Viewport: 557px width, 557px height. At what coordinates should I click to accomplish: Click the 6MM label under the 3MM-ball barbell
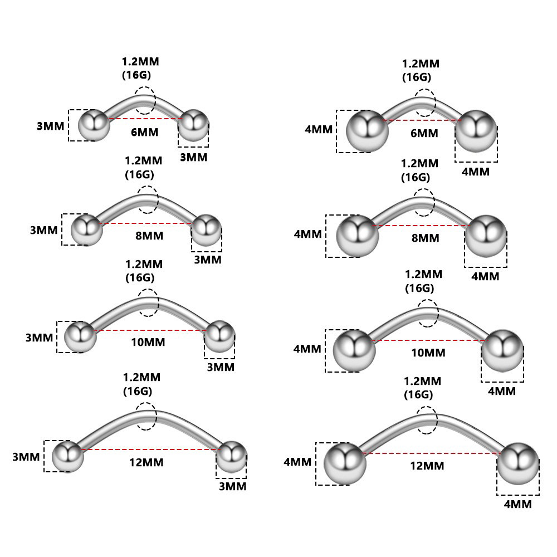(x=144, y=132)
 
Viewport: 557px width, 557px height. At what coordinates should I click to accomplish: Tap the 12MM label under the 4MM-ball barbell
(x=427, y=466)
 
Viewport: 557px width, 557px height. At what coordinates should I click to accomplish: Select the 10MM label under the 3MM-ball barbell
(x=148, y=342)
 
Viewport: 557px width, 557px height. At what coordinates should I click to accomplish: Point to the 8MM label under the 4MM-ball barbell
(x=425, y=238)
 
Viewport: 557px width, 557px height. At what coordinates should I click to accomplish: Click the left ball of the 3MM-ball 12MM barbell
(x=67, y=456)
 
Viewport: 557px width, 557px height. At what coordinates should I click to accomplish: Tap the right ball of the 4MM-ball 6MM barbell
(x=476, y=132)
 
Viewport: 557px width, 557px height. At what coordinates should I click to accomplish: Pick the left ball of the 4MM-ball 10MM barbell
(x=354, y=350)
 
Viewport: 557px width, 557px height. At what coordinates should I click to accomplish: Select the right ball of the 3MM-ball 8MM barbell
(x=206, y=229)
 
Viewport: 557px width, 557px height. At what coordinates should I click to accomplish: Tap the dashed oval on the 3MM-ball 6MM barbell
(x=145, y=100)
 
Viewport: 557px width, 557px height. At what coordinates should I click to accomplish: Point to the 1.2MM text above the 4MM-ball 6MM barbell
(x=421, y=63)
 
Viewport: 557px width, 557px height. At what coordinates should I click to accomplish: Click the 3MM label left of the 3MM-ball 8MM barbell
(x=44, y=229)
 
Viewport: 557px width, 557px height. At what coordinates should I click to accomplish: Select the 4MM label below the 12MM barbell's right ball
(x=517, y=504)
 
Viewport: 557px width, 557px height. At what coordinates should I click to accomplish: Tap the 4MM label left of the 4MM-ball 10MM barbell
(x=307, y=349)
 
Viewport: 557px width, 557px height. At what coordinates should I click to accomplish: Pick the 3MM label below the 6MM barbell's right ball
(x=193, y=157)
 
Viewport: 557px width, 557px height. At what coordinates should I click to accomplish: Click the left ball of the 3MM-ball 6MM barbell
(x=93, y=126)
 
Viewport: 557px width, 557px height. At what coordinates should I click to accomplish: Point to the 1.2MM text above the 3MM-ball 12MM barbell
(x=141, y=377)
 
